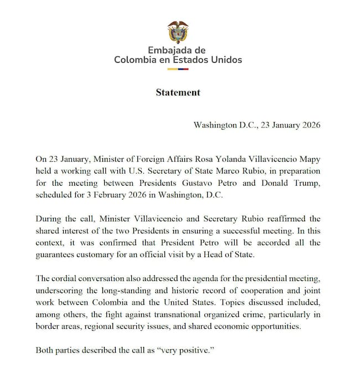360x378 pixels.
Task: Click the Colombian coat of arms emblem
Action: click(x=178, y=32)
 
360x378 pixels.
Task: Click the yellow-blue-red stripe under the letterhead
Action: click(x=178, y=69)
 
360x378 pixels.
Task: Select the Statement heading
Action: click(x=178, y=93)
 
